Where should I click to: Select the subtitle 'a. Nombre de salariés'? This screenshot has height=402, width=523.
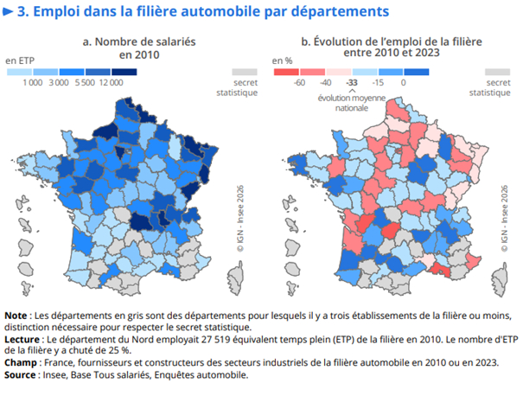pyautogui.click(x=135, y=41)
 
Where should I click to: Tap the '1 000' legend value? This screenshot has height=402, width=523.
pyautogui.click(x=33, y=82)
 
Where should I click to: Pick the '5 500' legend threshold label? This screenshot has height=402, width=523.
pyautogui.click(x=85, y=82)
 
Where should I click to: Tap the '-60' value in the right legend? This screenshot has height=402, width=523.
pyautogui.click(x=299, y=83)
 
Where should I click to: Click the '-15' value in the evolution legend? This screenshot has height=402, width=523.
pyautogui.click(x=377, y=83)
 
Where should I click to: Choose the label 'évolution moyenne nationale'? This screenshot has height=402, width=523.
pyautogui.click(x=351, y=104)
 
